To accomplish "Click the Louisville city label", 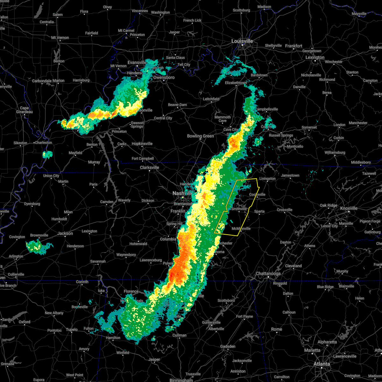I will pyautogui.click(x=242, y=41).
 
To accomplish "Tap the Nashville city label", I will pyautogui.click(x=182, y=193).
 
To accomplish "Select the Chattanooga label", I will pyautogui.click(x=268, y=274).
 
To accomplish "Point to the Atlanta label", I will pyautogui.click(x=322, y=364).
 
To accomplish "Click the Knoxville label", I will pyautogui.click(x=349, y=208).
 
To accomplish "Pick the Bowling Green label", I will pyautogui.click(x=200, y=136).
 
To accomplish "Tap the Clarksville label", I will pyautogui.click(x=149, y=167).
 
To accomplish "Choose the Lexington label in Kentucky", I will pyautogui.click(x=315, y=58).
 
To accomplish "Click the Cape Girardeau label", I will pyautogui.click(x=25, y=110).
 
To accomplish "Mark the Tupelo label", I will pyautogui.click(x=72, y=329).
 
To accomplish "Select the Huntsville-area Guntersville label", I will pyautogui.click(x=211, y=322).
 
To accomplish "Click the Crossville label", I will pyautogui.click(x=284, y=210).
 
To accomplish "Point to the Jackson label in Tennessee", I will pyautogui.click(x=65, y=233).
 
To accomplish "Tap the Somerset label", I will pyautogui.click(x=309, y=127).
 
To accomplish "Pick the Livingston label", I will pyautogui.click(x=267, y=179).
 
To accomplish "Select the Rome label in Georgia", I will pyautogui.click(x=276, y=329).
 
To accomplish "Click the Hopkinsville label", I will pyautogui.click(x=142, y=144).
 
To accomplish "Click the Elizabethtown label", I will pyautogui.click(x=236, y=83).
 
